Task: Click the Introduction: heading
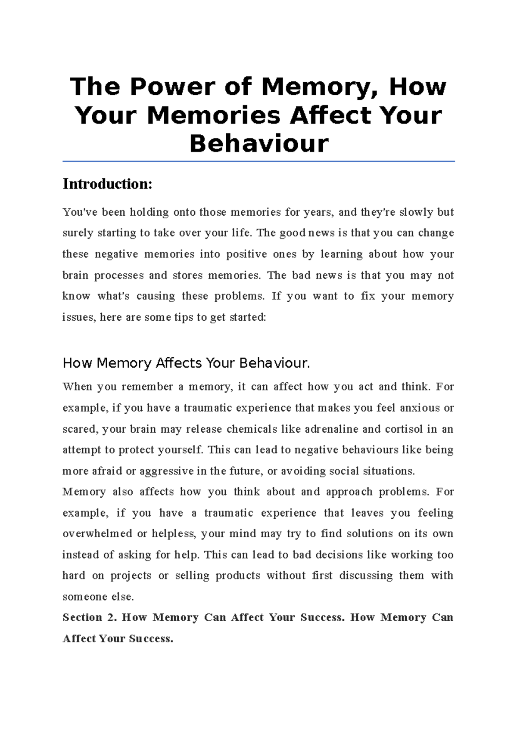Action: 107,184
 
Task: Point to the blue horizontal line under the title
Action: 258,161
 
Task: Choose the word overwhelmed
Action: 97,534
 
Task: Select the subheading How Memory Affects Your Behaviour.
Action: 186,363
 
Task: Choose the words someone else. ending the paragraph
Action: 98,597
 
